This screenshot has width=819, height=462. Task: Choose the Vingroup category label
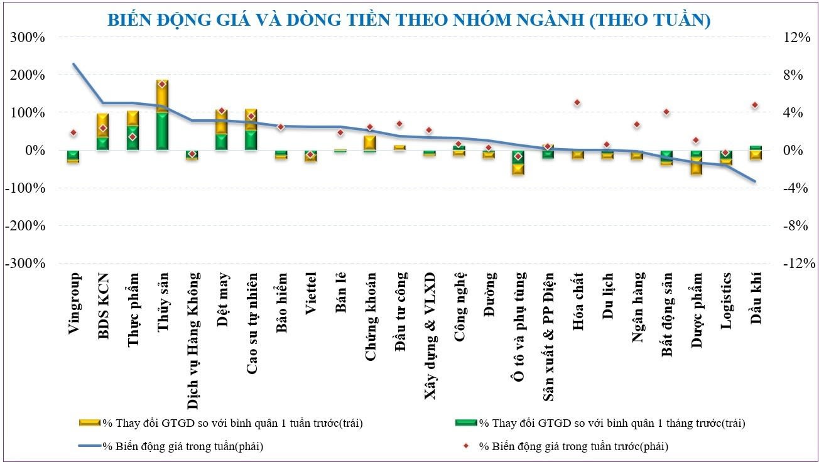coord(73,304)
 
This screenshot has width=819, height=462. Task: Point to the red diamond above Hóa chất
coord(577,103)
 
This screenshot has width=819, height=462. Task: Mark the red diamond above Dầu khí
coord(755,105)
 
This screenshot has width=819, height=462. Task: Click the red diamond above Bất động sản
coord(666,112)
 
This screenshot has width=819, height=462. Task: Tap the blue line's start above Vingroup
coord(73,64)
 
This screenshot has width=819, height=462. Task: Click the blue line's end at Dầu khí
coord(755,181)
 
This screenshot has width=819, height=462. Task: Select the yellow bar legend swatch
coord(90,423)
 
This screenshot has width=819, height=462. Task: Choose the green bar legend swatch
coord(465,423)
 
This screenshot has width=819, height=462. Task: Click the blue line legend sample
coord(90,447)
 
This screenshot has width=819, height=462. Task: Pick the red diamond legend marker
coord(466,447)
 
